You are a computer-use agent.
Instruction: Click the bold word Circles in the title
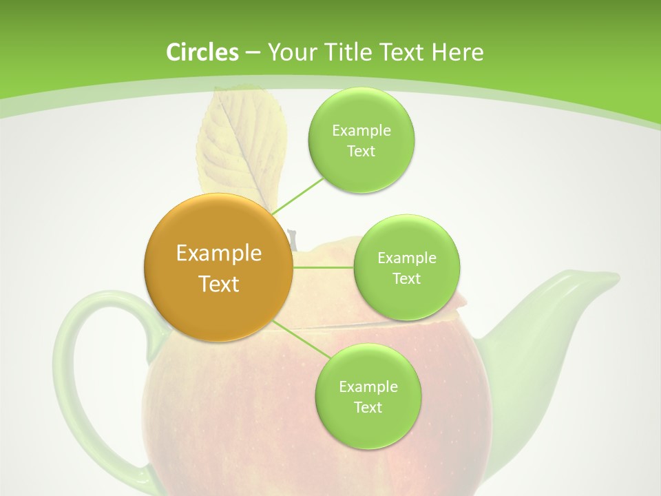coord(202,52)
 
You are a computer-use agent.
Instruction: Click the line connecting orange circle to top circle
coord(297,195)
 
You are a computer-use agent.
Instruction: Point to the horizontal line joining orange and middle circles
coord(323,267)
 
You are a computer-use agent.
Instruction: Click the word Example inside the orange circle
coord(218,254)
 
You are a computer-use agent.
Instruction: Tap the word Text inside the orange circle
coord(218,284)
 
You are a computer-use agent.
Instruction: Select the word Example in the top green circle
coord(361,130)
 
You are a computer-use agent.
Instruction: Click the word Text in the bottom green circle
coord(368,407)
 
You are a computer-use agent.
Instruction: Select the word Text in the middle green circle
coord(406,278)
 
